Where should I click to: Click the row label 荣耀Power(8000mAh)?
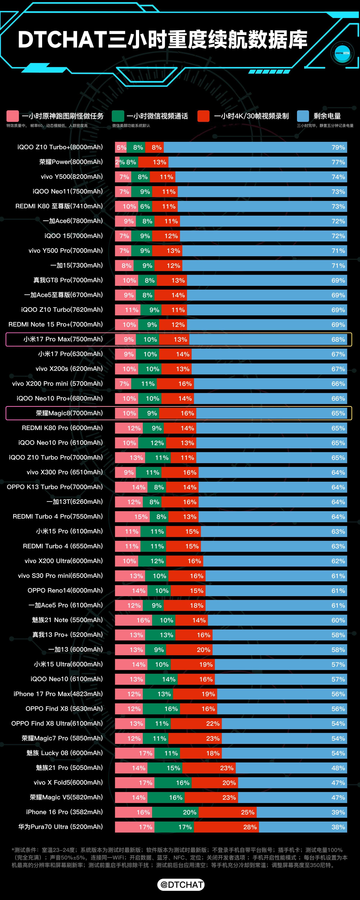pyautogui.click(x=71, y=162)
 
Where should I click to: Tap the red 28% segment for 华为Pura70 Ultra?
pyautogui.click(x=226, y=827)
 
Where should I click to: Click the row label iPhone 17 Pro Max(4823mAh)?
pyautogui.click(x=58, y=694)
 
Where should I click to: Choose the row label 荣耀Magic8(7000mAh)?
pyautogui.click(x=69, y=413)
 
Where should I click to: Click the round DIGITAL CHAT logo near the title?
pyautogui.click(x=342, y=53)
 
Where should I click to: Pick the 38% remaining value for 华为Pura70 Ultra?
pyautogui.click(x=338, y=827)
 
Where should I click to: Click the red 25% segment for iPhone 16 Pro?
pyautogui.click(x=228, y=812)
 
